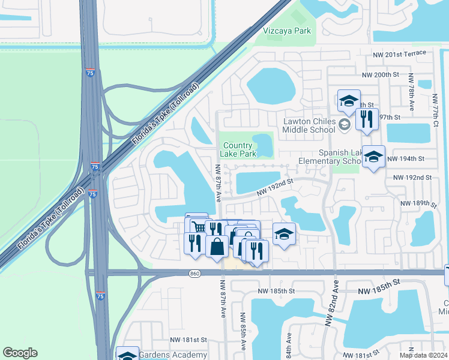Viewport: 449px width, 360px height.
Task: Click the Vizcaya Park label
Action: point(288,31)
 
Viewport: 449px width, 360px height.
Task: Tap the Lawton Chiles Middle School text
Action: point(309,125)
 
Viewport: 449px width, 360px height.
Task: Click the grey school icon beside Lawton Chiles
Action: point(344,125)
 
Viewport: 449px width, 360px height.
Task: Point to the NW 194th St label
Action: point(406,159)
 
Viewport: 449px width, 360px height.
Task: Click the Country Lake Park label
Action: point(240,149)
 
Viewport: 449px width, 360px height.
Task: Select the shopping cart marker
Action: point(199,226)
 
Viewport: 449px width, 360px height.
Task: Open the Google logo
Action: point(20,353)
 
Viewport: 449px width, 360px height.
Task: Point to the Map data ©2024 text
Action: point(423,355)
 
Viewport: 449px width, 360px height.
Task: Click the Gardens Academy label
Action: point(173,355)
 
